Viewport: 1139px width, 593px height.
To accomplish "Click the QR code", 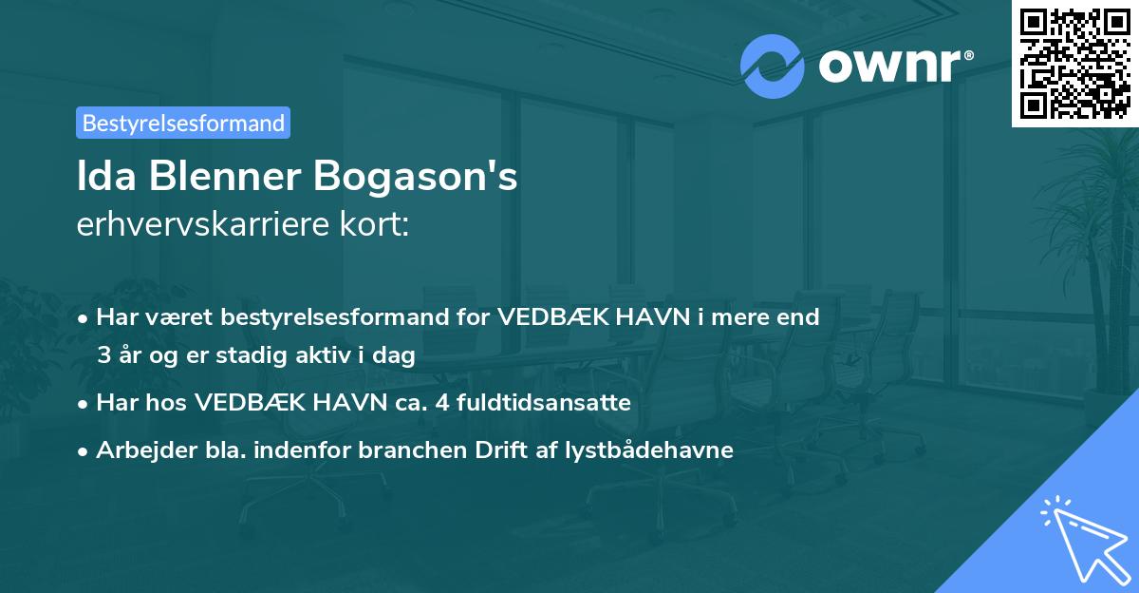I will [x=1074, y=63].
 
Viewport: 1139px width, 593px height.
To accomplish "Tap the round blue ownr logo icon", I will [x=772, y=67].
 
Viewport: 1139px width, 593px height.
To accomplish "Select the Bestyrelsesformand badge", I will [x=183, y=123].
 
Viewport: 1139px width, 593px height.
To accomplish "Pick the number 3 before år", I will [x=103, y=355].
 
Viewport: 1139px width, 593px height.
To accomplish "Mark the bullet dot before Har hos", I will [x=84, y=403].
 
